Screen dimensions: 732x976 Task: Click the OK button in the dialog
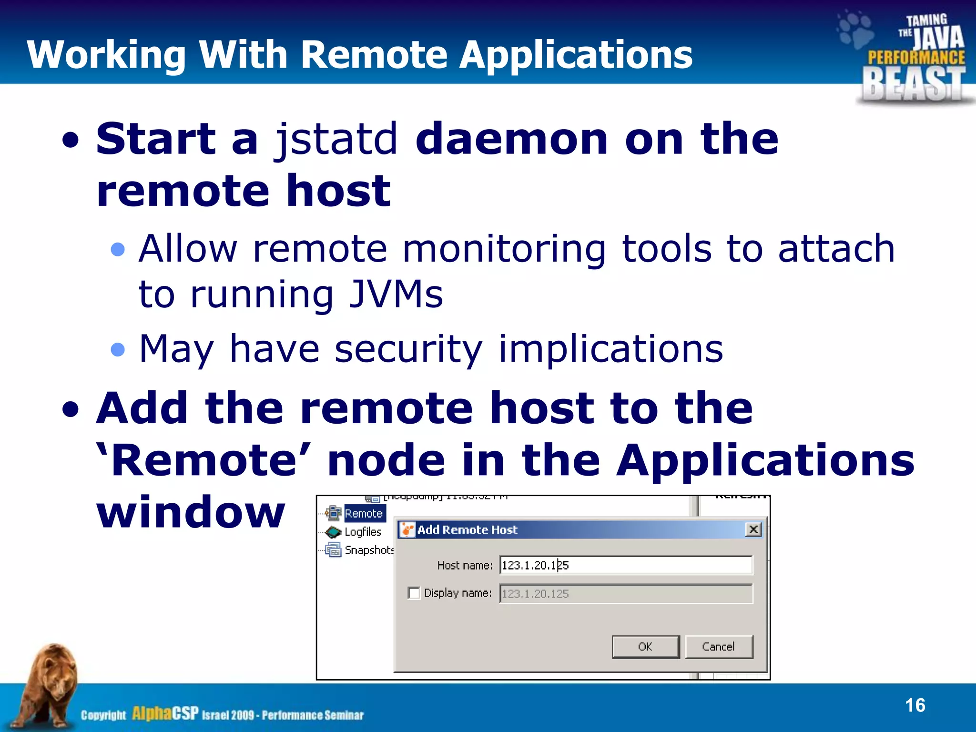coord(645,647)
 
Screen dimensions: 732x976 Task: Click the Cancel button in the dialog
coord(719,647)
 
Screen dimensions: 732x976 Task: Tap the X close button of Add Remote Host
coord(753,529)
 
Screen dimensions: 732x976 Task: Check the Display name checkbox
coord(414,593)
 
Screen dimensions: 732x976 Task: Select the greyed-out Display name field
coord(625,594)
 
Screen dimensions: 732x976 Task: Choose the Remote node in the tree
coord(364,513)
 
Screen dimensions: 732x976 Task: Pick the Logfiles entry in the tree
coord(363,532)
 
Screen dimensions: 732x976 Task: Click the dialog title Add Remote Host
coord(467,529)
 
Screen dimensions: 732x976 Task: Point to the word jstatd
coord(336,139)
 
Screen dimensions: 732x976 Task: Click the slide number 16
coord(915,705)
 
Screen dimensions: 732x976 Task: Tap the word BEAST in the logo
coord(913,84)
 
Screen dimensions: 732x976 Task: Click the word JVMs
coord(396,294)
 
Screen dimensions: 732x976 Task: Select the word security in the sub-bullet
coord(408,349)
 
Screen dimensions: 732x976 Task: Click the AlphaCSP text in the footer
coord(165,713)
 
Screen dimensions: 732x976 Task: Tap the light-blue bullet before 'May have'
coord(117,350)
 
